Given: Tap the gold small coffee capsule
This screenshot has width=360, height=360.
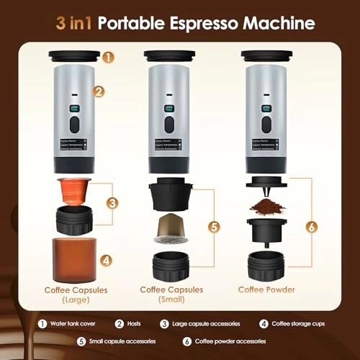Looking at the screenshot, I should click(169, 229).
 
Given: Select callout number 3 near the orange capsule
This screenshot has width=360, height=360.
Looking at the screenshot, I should click(111, 203).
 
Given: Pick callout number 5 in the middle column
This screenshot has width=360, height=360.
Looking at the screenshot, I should click(215, 226).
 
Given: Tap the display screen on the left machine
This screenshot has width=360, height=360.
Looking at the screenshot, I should click(73, 109).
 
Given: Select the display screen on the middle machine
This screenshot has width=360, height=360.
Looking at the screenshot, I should click(170, 109).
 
